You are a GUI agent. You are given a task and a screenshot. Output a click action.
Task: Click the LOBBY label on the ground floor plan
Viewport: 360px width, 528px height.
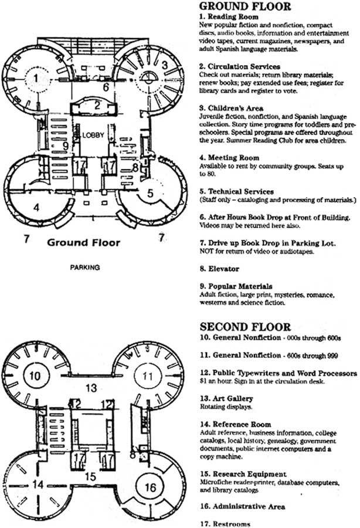coord(93,136)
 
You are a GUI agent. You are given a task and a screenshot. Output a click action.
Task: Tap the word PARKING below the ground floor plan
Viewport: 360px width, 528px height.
coord(85,268)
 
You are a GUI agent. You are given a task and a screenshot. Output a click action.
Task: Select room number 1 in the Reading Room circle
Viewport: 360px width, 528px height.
coord(36,79)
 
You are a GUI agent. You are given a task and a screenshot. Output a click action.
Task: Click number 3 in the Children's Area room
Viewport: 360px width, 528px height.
coord(165,65)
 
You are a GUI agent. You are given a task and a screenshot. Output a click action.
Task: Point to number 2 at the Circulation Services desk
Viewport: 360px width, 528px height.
coord(97,106)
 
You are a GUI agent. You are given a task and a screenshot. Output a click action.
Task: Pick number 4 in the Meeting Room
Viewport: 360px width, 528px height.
coord(36,207)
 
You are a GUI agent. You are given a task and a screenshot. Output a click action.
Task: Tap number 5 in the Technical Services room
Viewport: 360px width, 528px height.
coord(150,193)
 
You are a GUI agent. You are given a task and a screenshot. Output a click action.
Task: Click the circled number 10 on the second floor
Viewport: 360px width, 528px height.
coord(35,375)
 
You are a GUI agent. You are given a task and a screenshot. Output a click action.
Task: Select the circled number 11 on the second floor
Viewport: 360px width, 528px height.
coord(147,376)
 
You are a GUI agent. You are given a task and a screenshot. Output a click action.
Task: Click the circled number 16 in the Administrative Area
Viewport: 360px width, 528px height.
coord(150,487)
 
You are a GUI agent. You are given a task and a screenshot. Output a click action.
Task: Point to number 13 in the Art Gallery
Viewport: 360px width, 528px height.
coord(91,388)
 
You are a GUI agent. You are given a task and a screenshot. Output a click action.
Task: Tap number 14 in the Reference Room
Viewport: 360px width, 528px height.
coord(38,485)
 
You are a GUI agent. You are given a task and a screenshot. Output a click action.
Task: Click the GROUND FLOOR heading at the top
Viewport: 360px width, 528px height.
coord(245,6)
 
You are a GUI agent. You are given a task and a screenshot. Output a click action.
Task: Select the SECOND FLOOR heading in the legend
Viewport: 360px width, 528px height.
coord(245,327)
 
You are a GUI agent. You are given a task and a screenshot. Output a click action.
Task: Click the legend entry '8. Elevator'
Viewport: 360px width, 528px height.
coord(219,269)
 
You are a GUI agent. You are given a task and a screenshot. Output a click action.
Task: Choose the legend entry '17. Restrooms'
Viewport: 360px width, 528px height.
coord(225,524)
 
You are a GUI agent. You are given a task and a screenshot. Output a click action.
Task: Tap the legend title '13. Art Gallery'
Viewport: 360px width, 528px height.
coord(226,399)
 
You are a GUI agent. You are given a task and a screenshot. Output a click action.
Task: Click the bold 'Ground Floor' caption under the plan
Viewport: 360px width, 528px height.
coord(83,242)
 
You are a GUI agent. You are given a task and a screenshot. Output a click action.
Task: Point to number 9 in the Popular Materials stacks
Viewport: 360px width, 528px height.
coord(66,146)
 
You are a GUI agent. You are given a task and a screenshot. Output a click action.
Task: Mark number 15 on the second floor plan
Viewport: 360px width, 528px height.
coord(90,477)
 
